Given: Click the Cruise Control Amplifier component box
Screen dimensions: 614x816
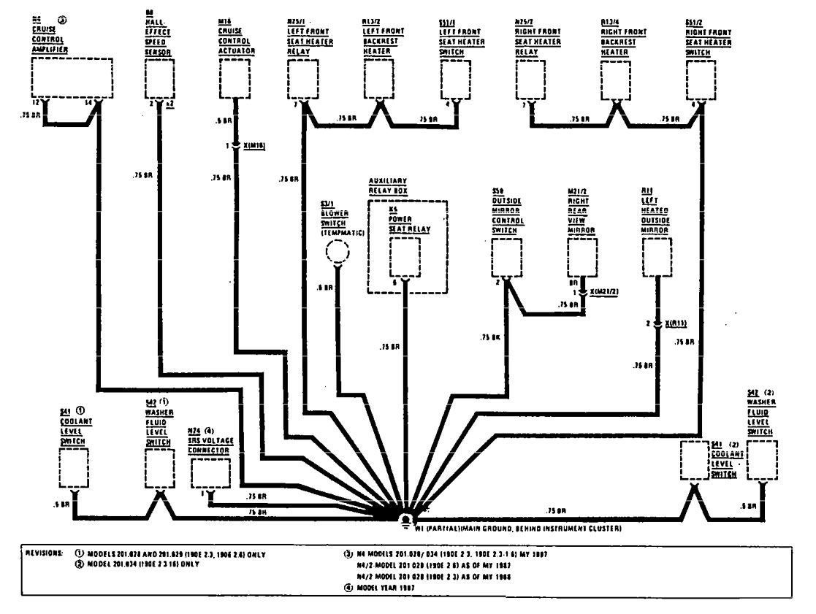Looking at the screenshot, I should coord(72,77).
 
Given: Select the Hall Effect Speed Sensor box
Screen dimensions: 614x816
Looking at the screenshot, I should coord(160,77).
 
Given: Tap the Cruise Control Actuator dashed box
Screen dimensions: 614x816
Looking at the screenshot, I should coord(234,77).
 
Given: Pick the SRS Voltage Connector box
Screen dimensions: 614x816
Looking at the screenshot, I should coord(210,475).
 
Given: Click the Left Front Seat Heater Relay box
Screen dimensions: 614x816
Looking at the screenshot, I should coord(302,77).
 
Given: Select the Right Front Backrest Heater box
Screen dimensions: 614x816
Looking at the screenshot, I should coord(615,77).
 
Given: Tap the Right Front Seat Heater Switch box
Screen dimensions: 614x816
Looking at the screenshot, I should coord(701,77).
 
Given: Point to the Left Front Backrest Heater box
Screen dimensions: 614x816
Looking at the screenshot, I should coord(379,77).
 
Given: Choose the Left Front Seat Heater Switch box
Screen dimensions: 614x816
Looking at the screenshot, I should coord(457,77).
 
